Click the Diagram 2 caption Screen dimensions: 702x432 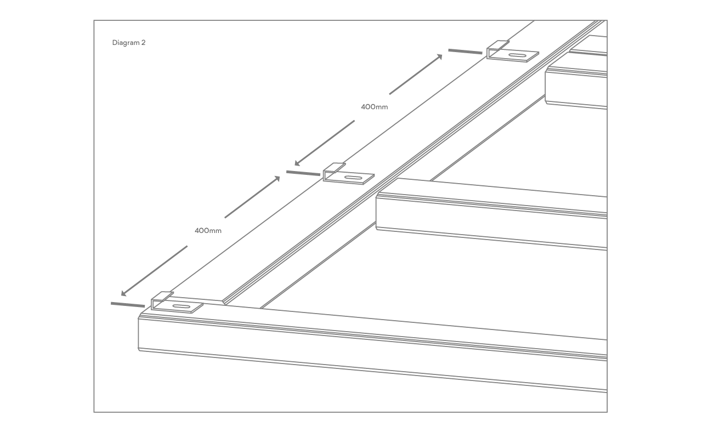coord(129,43)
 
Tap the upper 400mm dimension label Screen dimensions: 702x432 coord(374,107)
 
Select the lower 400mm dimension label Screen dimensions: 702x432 coord(208,231)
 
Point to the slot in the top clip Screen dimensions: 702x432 coord(517,55)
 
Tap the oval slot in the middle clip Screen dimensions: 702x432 coord(353,178)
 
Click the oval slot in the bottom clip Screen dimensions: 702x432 coord(181,306)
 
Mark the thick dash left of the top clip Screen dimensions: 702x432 coord(465,52)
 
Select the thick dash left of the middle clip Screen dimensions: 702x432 coord(303,173)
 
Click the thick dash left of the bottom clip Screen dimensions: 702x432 coord(128,304)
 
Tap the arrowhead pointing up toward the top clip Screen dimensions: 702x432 coord(440,56)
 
